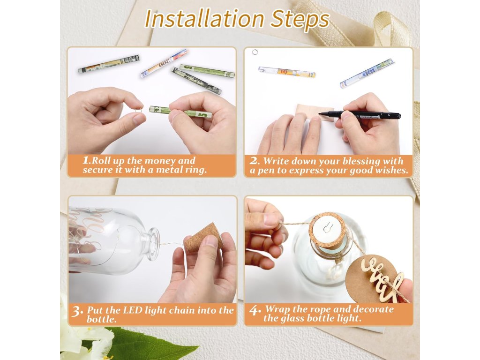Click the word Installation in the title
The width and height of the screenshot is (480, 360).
click(204, 19)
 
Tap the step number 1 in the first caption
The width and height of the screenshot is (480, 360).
click(86, 160)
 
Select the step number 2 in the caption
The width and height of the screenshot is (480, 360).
click(254, 161)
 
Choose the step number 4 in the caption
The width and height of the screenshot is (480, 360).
click(254, 310)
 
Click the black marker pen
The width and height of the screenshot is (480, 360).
click(360, 115)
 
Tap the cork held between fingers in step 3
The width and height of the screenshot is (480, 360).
click(203, 237)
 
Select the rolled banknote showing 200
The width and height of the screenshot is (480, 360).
click(164, 63)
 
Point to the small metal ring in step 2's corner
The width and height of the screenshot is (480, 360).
click(255, 52)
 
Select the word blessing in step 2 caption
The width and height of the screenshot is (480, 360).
click(361, 161)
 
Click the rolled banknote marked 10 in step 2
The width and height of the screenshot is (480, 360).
click(286, 72)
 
